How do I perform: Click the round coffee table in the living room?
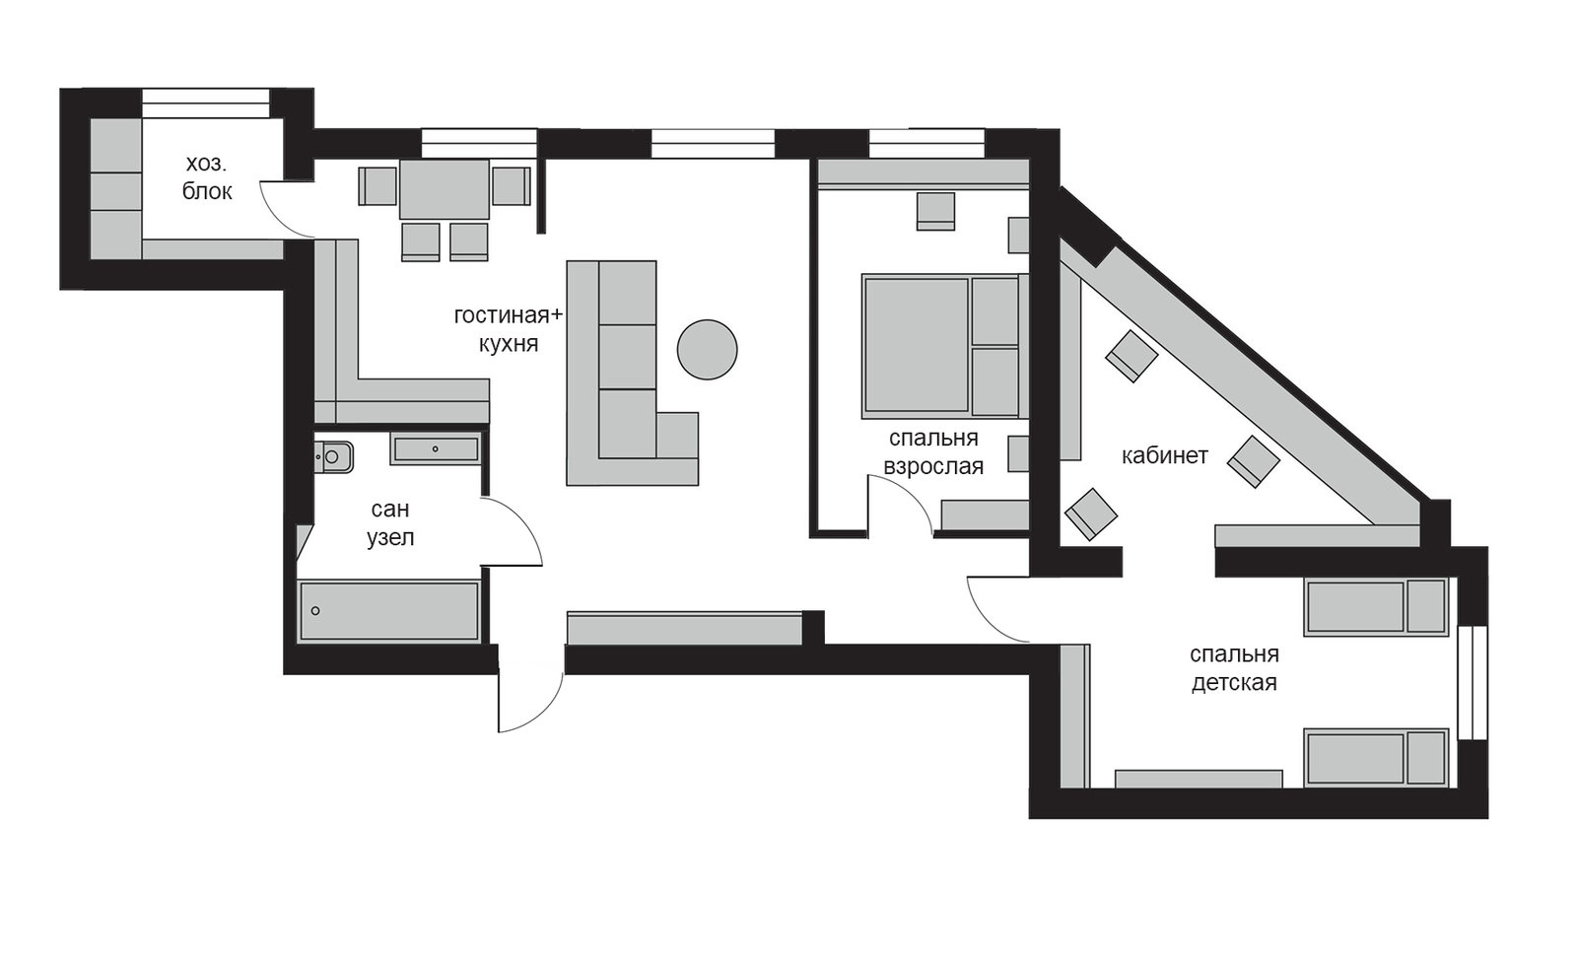pyautogui.click(x=707, y=350)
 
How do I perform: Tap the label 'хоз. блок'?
pyautogui.click(x=207, y=177)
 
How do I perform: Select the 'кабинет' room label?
pyautogui.click(x=1164, y=455)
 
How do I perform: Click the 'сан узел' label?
pyautogui.click(x=390, y=522)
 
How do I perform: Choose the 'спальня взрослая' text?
pyautogui.click(x=933, y=452)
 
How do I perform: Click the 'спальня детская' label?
pyautogui.click(x=1234, y=668)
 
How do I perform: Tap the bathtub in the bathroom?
pyautogui.click(x=389, y=610)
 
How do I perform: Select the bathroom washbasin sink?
pyautogui.click(x=436, y=448)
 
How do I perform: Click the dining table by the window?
pyautogui.click(x=445, y=188)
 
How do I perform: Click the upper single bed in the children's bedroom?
pyautogui.click(x=1376, y=606)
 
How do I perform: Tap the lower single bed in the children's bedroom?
pyautogui.click(x=1376, y=757)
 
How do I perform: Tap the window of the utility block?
pyautogui.click(x=206, y=103)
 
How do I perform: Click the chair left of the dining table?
pyautogui.click(x=378, y=186)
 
